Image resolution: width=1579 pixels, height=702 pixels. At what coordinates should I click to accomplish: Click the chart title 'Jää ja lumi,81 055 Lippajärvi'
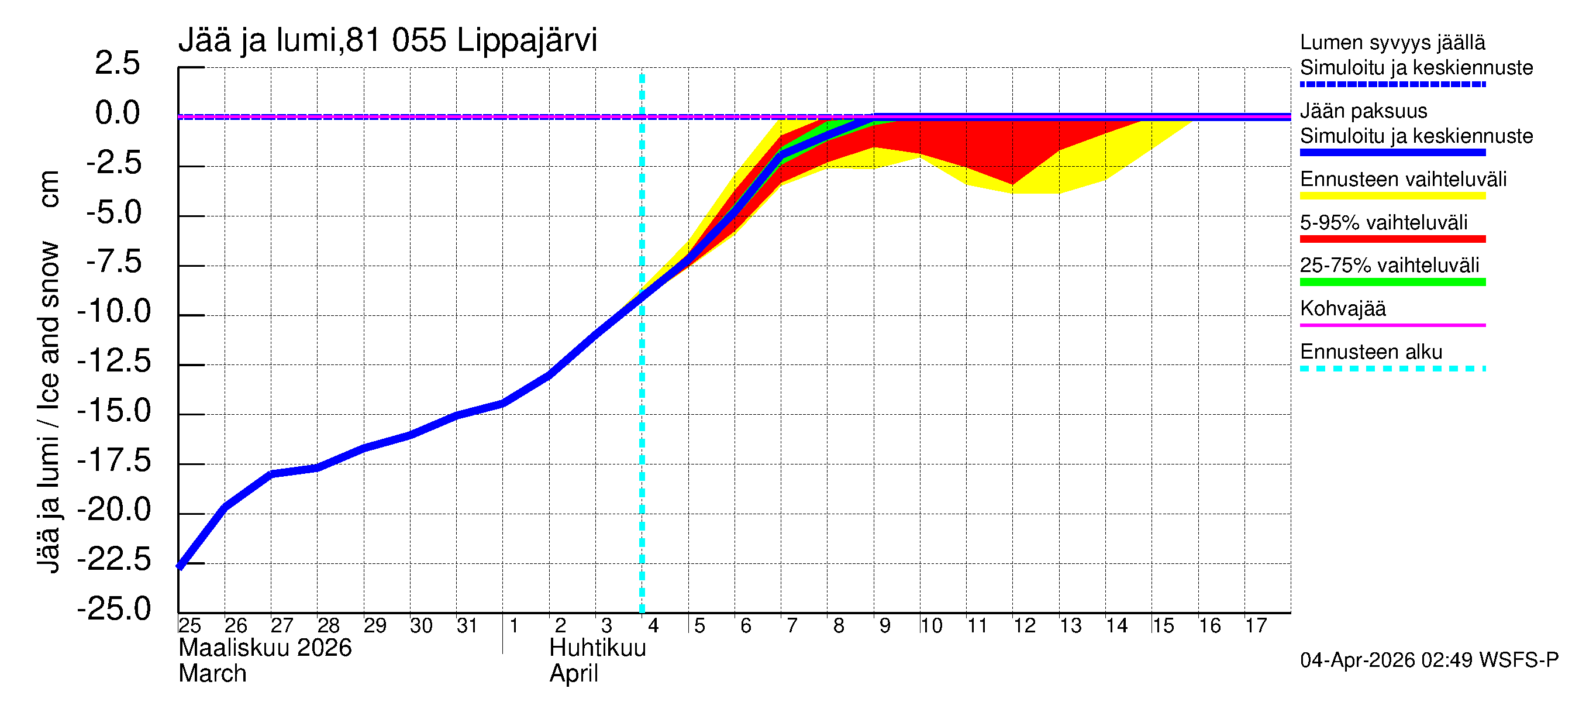[x=387, y=40]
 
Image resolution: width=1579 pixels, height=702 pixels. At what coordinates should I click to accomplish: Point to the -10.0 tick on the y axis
[x=115, y=311]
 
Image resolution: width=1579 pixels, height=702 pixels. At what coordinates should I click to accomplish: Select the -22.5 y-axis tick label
[x=115, y=559]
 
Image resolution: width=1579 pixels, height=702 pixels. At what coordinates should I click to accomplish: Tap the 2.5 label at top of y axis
[x=117, y=63]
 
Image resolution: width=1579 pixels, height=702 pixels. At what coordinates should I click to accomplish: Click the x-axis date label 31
[x=467, y=626]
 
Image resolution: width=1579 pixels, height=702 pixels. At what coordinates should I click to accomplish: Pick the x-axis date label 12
[x=1024, y=626]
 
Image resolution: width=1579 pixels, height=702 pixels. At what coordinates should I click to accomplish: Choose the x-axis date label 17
[x=1256, y=626]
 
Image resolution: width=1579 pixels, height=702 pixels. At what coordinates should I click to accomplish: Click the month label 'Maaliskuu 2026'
[x=265, y=648]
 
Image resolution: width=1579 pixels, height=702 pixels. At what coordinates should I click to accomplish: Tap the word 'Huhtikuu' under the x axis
[x=598, y=648]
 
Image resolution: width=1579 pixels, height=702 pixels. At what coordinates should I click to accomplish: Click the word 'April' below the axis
[x=574, y=674]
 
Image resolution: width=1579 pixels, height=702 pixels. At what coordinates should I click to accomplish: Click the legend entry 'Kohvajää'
[x=1342, y=309]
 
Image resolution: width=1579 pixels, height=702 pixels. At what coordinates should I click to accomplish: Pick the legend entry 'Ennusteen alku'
[x=1371, y=353]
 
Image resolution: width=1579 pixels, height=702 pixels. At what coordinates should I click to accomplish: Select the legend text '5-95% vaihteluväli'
[x=1384, y=222]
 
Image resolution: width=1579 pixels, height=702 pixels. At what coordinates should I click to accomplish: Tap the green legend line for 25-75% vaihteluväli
[x=1392, y=283]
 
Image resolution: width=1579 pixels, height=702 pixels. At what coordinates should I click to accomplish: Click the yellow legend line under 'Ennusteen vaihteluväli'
[x=1392, y=196]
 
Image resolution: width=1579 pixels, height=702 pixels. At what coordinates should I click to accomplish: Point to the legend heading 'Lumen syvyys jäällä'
[x=1392, y=43]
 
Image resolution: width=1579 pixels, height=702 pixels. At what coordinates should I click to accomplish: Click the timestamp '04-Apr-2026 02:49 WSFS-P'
[x=1429, y=660]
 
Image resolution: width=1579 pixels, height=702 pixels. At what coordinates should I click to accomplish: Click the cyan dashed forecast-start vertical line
[x=642, y=429]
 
